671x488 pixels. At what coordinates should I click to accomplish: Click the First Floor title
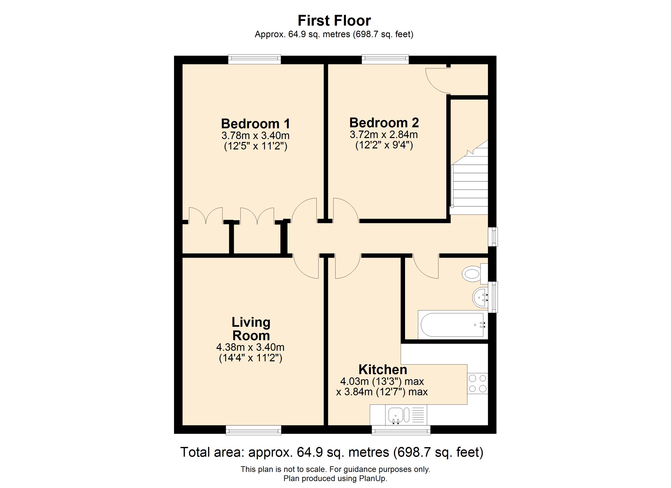334,21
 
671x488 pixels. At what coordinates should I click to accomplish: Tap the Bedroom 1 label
256,124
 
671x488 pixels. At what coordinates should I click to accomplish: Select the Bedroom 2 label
384,123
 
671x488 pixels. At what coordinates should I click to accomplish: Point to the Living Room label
251,329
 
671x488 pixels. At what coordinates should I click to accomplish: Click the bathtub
453,325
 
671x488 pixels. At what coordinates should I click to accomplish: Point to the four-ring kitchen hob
477,383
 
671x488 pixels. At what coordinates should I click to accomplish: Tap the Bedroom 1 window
254,59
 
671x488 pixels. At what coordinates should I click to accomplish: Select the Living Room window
254,430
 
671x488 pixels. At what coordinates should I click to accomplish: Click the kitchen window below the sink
401,430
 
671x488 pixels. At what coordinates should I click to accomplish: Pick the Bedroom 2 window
385,59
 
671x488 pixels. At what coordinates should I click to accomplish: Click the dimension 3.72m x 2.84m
384,135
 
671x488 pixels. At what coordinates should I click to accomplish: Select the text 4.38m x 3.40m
250,347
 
